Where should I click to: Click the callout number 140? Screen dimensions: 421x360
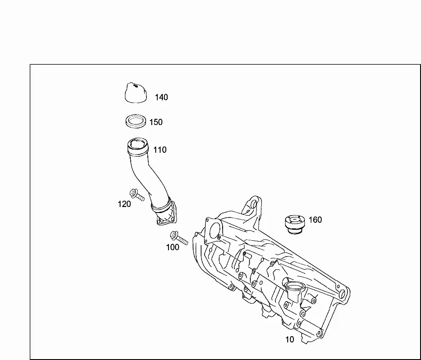pyautogui.click(x=161, y=97)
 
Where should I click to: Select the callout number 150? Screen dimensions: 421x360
pyautogui.click(x=156, y=122)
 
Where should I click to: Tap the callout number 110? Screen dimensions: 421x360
pyautogui.click(x=160, y=150)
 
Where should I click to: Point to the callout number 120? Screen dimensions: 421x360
pyautogui.click(x=124, y=204)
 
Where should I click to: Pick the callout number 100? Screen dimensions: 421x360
pyautogui.click(x=172, y=247)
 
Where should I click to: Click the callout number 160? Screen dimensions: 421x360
pyautogui.click(x=315, y=220)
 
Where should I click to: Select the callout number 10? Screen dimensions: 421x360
pyautogui.click(x=290, y=340)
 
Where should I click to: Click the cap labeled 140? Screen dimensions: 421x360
pyautogui.click(x=136, y=93)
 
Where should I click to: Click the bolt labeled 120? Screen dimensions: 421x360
pyautogui.click(x=137, y=195)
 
